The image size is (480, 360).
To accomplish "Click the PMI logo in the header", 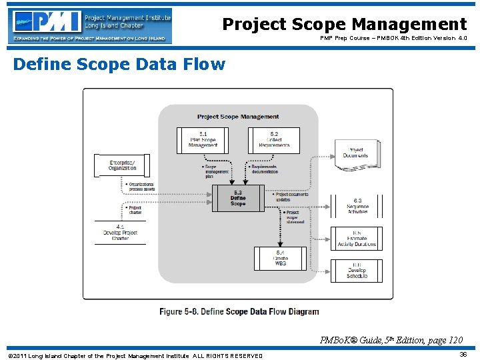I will click(90, 26).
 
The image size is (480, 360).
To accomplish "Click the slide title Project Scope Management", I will click(344, 25).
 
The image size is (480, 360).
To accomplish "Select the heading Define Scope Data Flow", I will click(119, 65).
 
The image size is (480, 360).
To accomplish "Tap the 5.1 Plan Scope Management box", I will click(203, 140).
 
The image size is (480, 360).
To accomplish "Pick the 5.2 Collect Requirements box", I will click(274, 140).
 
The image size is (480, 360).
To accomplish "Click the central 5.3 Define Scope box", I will click(238, 199).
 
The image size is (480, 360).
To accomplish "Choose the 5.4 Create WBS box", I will click(280, 259).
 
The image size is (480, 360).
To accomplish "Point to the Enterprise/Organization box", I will click(122, 165).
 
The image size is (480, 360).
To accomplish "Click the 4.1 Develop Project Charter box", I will click(121, 232).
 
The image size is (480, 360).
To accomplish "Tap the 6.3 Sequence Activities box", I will click(357, 205).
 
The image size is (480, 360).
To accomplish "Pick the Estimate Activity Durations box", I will click(357, 239).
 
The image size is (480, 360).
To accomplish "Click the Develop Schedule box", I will click(357, 270).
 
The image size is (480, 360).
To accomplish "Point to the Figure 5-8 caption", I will click(239, 311).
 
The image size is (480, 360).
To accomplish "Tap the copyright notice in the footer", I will click(135, 355).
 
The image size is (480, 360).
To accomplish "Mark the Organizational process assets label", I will click(140, 186).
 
